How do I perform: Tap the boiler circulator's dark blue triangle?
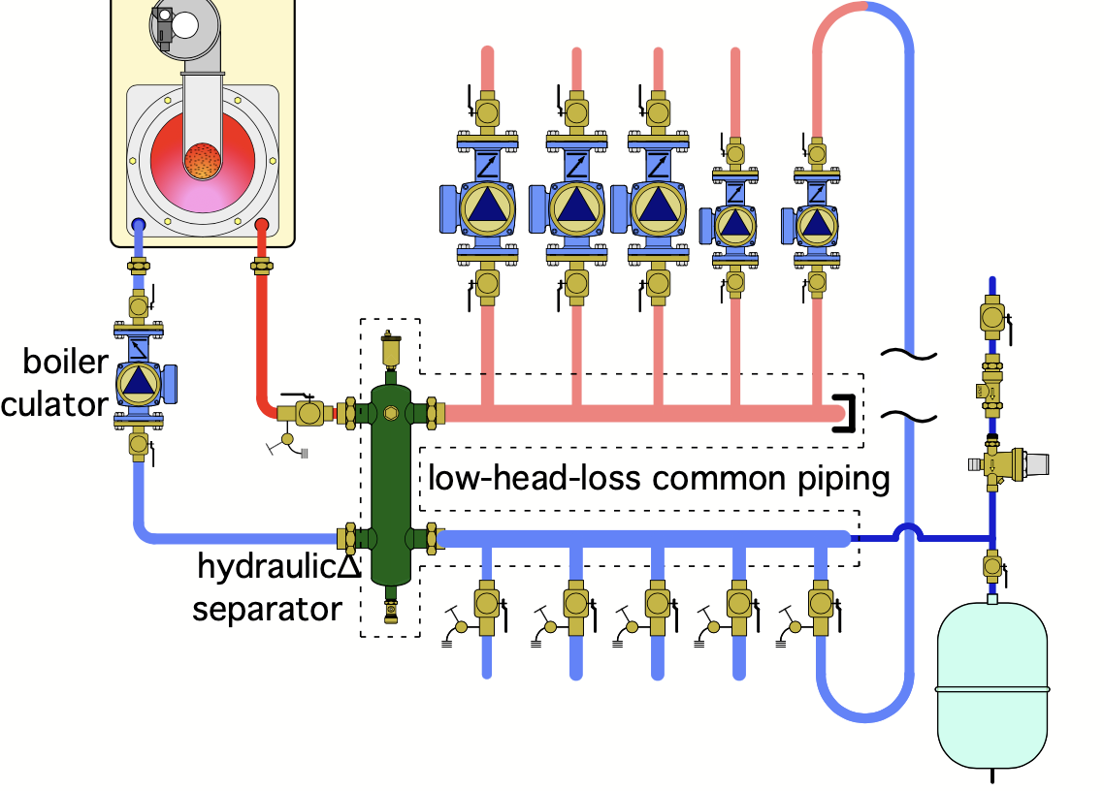point(140,379)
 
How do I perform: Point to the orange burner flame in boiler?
point(203,161)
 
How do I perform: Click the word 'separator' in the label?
point(267,609)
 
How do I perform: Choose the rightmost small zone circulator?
point(817,224)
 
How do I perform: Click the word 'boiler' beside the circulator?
point(67,363)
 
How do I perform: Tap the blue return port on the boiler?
point(139,226)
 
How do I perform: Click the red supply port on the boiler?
point(261,226)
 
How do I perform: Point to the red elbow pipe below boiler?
point(265,397)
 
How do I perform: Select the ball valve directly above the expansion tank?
point(991,564)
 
